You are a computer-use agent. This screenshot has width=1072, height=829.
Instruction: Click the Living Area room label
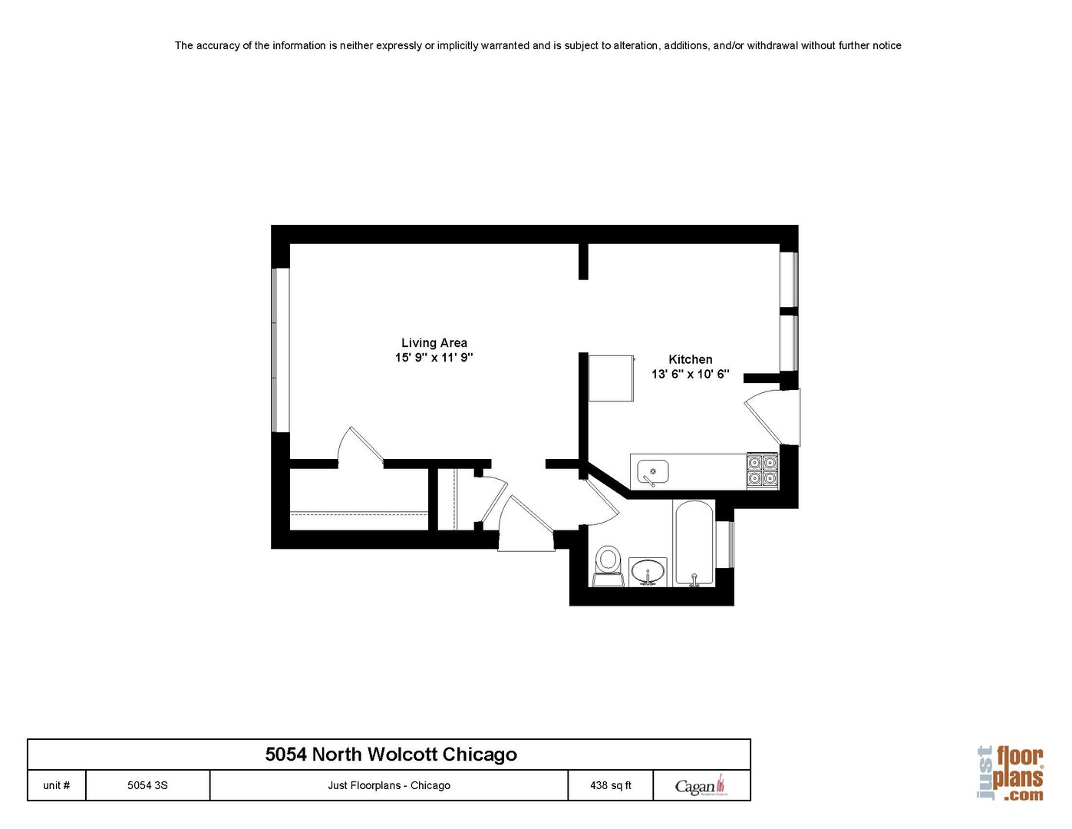pos(434,342)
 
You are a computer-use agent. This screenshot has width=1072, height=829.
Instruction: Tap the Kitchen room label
pos(690,359)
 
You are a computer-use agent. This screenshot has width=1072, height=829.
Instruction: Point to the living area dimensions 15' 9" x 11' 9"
pos(434,357)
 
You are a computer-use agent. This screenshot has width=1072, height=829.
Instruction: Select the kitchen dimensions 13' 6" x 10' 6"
pos(690,374)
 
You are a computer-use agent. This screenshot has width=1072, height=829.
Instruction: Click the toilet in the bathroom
pos(607,566)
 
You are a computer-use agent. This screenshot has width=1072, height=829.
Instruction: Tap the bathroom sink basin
pos(648,573)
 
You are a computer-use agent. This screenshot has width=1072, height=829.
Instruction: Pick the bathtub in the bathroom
pos(694,543)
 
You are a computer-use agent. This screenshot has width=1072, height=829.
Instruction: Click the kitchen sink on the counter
pos(653,472)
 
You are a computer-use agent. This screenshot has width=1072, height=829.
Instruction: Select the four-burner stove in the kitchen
pos(762,471)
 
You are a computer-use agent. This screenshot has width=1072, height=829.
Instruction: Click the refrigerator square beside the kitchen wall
pos(612,378)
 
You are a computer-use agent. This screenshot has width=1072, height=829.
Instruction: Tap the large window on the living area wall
pos(280,350)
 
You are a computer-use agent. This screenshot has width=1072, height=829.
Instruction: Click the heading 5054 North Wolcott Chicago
pos(391,754)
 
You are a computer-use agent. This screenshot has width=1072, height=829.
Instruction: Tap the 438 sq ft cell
pos(611,785)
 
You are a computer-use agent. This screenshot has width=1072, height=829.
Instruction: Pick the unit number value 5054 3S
pos(147,785)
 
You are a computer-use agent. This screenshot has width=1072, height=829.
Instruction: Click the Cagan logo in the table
pos(701,785)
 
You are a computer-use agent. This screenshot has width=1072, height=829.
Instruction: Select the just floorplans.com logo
pos(1011,774)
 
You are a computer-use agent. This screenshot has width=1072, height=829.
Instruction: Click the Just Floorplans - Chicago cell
pos(389,785)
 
